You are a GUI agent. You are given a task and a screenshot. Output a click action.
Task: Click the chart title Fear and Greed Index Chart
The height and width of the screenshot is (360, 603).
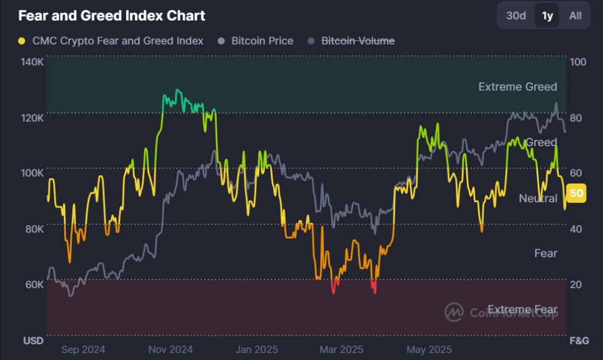[x=112, y=16]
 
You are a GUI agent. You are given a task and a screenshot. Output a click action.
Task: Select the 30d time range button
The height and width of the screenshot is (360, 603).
[x=516, y=16]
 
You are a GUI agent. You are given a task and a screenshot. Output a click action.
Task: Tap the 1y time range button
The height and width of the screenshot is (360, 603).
[x=547, y=16]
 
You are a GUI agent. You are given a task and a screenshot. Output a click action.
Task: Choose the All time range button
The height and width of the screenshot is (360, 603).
[x=575, y=16]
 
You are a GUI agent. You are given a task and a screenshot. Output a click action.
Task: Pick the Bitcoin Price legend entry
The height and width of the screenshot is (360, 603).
[x=262, y=41]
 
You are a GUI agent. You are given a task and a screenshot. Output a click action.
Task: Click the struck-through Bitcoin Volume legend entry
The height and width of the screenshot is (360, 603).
[x=357, y=41]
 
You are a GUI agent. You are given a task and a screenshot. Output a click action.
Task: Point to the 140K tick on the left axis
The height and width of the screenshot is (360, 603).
[x=32, y=62]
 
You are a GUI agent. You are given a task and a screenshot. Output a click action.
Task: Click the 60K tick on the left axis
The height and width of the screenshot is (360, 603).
[x=34, y=284]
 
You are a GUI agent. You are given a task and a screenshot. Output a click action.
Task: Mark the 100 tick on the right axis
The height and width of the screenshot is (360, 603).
[x=577, y=62]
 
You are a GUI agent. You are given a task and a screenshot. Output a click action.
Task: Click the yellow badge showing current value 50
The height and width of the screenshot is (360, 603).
[x=577, y=193]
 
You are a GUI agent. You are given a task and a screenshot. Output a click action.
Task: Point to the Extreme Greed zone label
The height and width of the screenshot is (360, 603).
[x=517, y=87]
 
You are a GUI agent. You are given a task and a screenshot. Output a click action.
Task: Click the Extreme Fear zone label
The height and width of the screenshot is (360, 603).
[x=522, y=309]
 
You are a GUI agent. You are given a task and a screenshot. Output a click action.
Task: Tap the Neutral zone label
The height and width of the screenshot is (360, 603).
[x=538, y=199]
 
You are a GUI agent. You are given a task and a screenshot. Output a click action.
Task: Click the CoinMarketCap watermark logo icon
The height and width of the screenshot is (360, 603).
[x=453, y=312]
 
